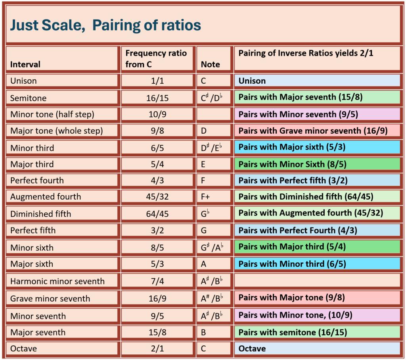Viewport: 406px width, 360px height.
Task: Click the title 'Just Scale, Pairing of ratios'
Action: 105,25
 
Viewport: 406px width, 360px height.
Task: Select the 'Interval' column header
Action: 25,64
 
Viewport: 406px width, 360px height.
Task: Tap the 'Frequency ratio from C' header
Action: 156,58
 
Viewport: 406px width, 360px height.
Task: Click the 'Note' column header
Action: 211,64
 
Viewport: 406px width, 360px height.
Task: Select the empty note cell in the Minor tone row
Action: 214,114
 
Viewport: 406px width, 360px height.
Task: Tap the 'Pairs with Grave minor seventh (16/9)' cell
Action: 317,131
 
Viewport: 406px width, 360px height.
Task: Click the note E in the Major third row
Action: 203,164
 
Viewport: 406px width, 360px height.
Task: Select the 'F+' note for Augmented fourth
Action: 205,197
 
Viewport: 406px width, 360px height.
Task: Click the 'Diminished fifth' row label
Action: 40,214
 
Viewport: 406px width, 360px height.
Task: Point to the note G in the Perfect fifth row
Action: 204,231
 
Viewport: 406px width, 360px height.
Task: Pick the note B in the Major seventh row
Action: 203,332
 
